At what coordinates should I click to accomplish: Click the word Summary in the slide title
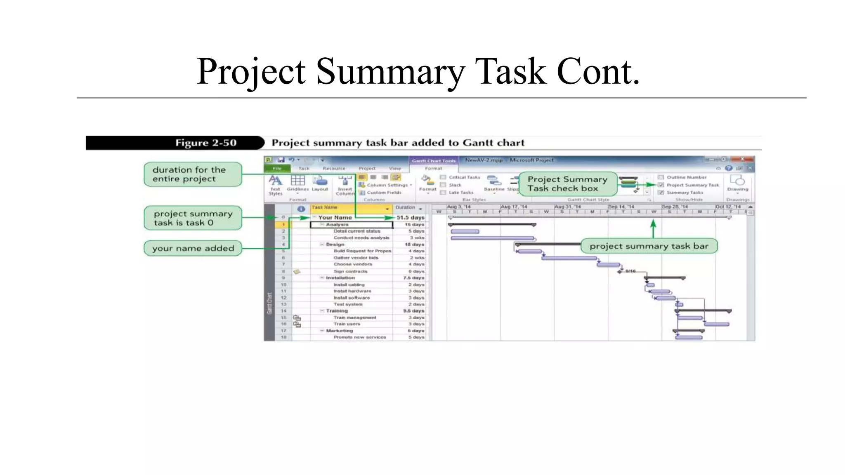tap(390, 72)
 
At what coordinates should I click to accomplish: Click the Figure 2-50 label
tap(205, 143)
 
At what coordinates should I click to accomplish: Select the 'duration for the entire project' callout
tap(192, 174)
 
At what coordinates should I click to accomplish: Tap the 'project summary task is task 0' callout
tap(192, 218)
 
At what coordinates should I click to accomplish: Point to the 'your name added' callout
tap(192, 248)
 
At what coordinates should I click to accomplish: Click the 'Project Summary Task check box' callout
tap(567, 184)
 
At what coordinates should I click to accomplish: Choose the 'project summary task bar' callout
tap(649, 246)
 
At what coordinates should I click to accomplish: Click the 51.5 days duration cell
tap(410, 217)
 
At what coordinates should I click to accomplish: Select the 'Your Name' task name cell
tap(335, 217)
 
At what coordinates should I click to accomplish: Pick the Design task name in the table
tap(335, 245)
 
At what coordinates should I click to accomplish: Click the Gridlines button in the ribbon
tap(297, 183)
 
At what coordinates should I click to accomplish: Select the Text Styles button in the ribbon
tap(275, 185)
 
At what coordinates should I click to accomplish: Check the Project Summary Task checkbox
tap(661, 185)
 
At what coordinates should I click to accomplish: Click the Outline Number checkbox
tap(661, 177)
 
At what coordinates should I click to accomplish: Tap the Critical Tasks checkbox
tap(443, 177)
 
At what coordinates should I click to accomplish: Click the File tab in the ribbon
tap(277, 169)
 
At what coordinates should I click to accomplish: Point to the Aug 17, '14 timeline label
tap(514, 207)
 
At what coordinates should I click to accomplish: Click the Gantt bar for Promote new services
tap(689, 337)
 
